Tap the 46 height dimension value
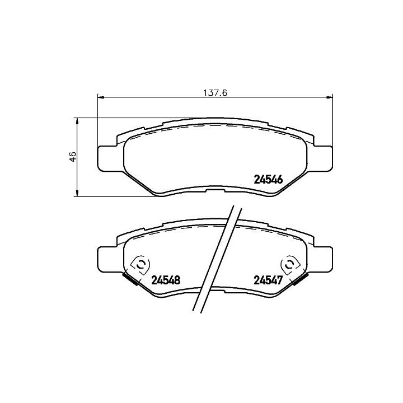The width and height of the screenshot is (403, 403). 72,157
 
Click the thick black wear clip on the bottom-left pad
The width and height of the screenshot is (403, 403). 132,279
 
